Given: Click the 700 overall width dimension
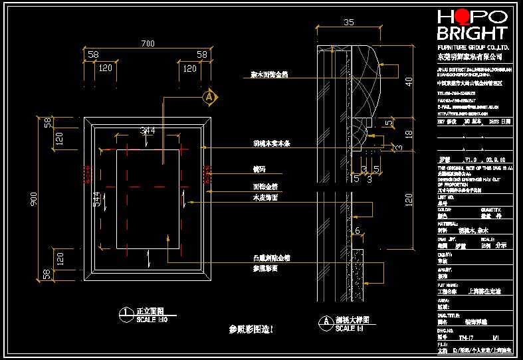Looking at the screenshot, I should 148,44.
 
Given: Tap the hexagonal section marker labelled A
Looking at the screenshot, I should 209,98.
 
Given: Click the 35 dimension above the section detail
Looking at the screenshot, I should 349,22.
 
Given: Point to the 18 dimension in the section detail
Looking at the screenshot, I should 408,134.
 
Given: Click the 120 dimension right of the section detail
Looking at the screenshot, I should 408,197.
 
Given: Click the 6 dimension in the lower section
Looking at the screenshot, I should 357,230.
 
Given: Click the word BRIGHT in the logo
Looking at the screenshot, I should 471,33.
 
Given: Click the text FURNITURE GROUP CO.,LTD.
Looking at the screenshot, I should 472,48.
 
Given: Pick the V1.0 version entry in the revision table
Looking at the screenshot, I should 471,159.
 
